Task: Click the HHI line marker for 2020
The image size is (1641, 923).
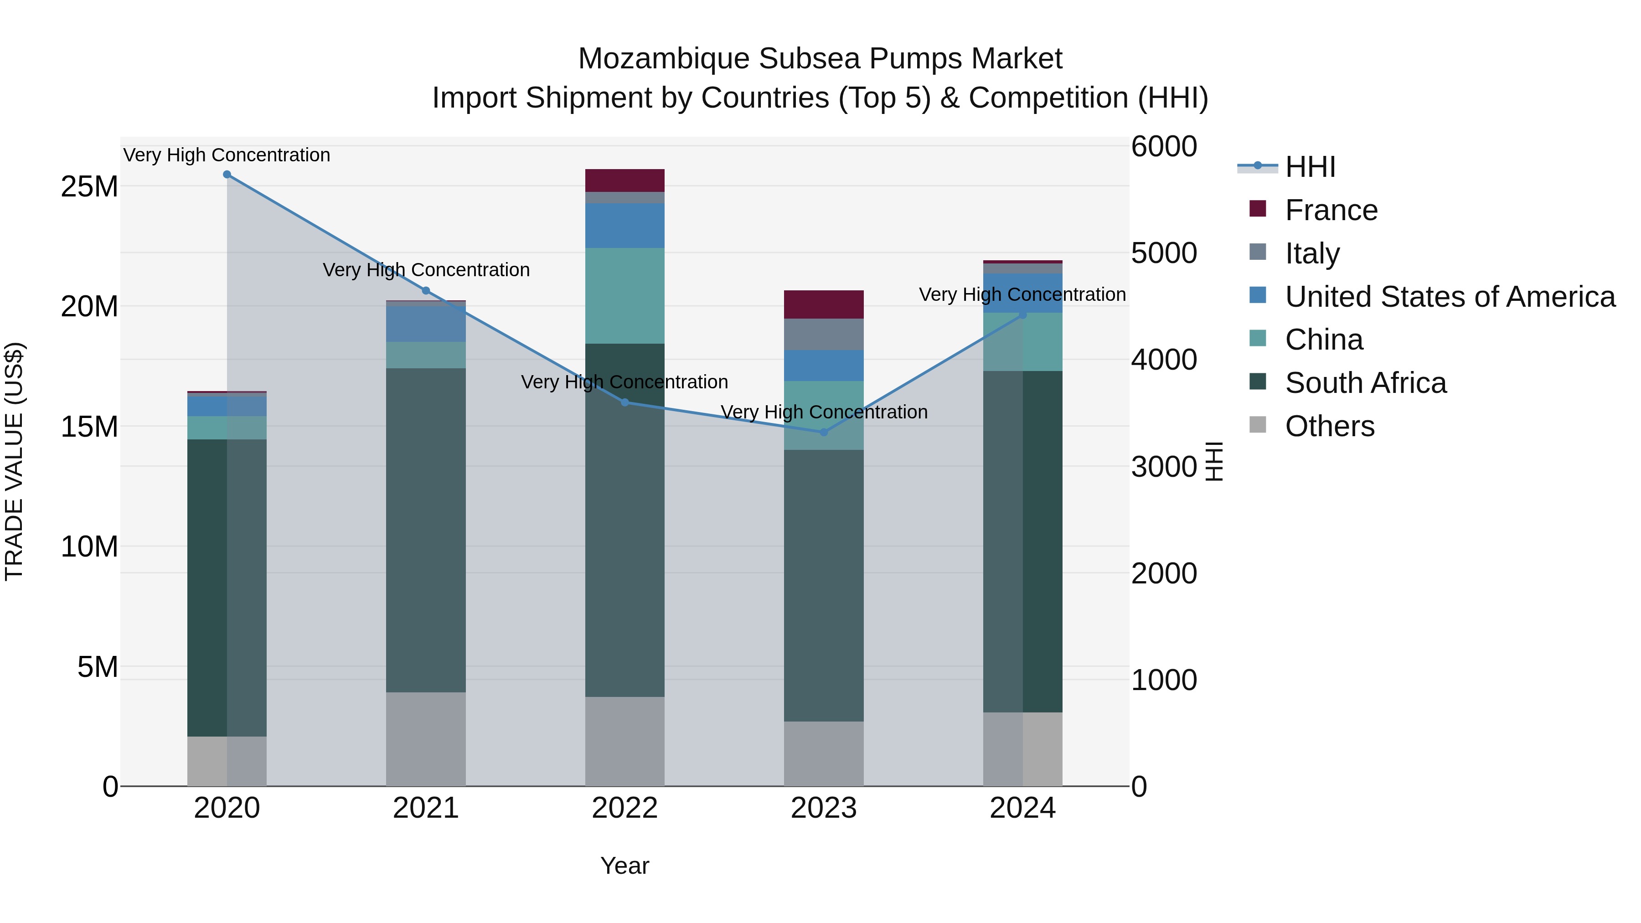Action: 227,175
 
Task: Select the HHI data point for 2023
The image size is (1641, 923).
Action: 824,433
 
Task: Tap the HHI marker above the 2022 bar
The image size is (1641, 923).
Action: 625,402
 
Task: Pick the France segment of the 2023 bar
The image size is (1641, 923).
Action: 824,304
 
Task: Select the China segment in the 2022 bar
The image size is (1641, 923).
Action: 625,295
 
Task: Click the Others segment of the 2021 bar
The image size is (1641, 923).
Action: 426,739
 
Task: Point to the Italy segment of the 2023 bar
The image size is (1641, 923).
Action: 824,335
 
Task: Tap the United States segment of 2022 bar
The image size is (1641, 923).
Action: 625,226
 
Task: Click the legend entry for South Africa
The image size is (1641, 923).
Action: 1365,383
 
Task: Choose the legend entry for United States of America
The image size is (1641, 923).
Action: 1449,297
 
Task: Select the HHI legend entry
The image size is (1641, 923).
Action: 1310,167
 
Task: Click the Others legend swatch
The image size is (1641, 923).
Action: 1258,425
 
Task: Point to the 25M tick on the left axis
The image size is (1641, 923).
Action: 89,186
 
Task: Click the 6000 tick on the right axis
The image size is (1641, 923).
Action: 1164,146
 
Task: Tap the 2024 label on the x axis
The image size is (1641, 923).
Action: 1022,808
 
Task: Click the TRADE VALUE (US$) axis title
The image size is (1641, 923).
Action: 14,461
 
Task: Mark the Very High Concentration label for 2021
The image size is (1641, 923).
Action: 426,270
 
